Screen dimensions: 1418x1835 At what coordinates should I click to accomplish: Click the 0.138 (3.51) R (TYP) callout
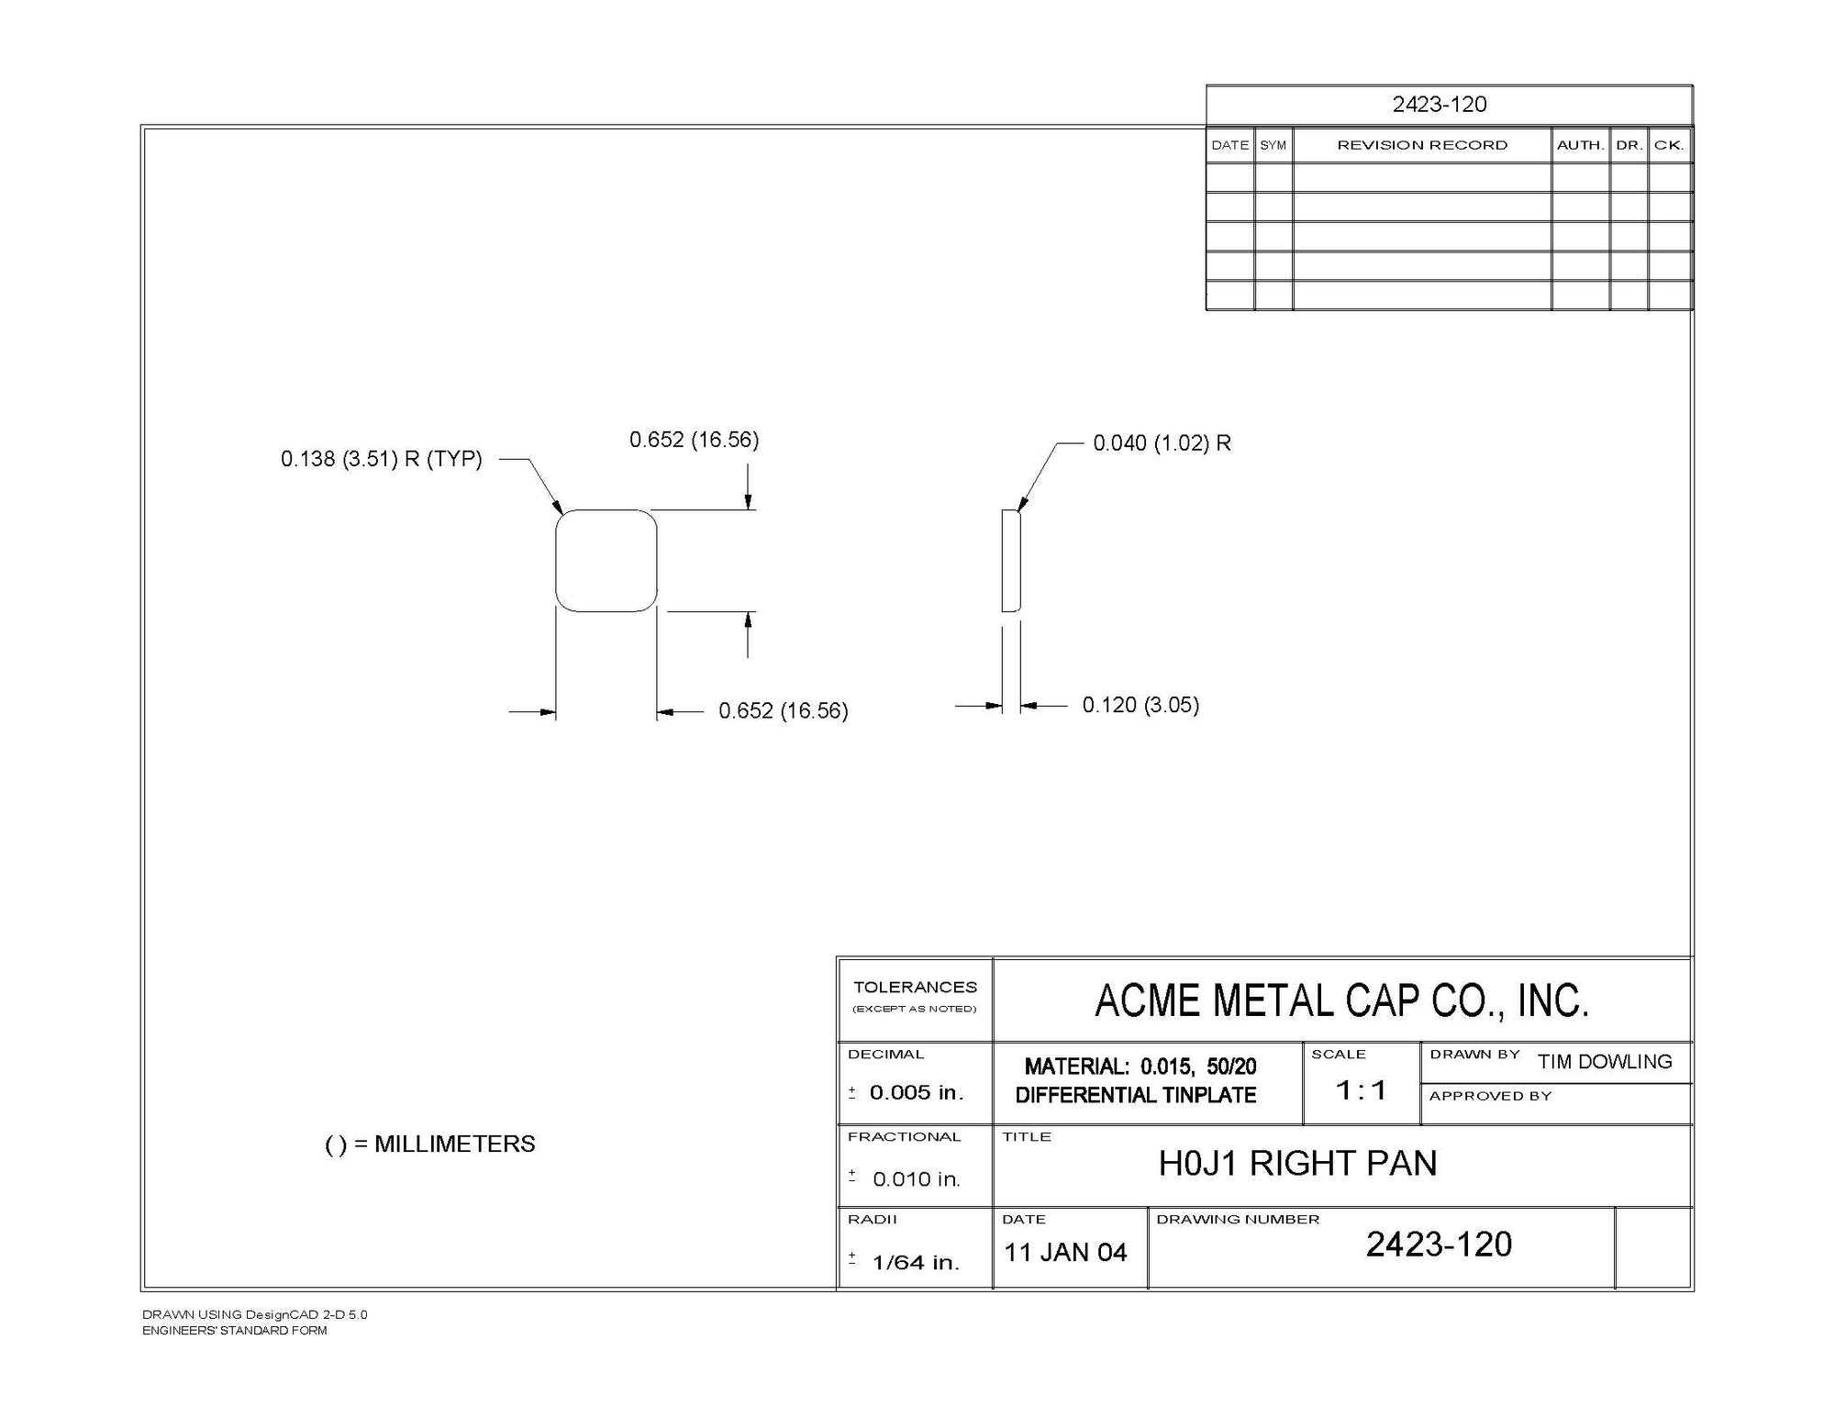[381, 459]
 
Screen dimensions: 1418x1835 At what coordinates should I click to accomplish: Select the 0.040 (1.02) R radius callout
[1162, 443]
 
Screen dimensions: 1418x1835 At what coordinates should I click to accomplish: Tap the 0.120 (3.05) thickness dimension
[1140, 705]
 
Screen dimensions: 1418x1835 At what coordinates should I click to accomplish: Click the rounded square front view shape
[606, 561]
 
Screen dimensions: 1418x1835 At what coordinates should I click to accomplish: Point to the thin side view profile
[1010, 561]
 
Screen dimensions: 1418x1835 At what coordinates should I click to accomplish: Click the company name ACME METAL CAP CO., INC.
[1341, 1000]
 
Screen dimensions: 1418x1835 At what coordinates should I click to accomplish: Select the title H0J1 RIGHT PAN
[1297, 1164]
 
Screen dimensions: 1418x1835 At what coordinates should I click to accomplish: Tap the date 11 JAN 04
[1065, 1253]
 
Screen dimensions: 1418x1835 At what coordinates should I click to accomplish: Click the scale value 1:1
[1361, 1090]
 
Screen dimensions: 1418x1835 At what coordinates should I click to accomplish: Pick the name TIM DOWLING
[1605, 1062]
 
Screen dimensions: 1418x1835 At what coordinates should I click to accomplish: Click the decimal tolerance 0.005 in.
[916, 1092]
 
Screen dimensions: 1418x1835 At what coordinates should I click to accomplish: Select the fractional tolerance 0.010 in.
[916, 1179]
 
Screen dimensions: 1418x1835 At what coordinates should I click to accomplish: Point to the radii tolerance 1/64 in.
[915, 1263]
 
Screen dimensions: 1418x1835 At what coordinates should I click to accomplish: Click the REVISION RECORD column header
[1422, 145]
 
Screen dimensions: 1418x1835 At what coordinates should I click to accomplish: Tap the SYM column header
[1273, 145]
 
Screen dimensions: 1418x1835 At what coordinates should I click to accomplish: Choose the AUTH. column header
[1580, 145]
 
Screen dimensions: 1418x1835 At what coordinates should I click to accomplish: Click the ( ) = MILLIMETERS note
[430, 1144]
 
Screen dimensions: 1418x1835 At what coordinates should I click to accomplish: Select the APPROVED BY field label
[1490, 1096]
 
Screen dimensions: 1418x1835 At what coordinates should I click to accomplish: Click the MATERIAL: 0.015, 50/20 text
[1140, 1066]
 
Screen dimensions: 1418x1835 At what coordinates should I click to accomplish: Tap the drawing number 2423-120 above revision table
[1439, 105]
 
